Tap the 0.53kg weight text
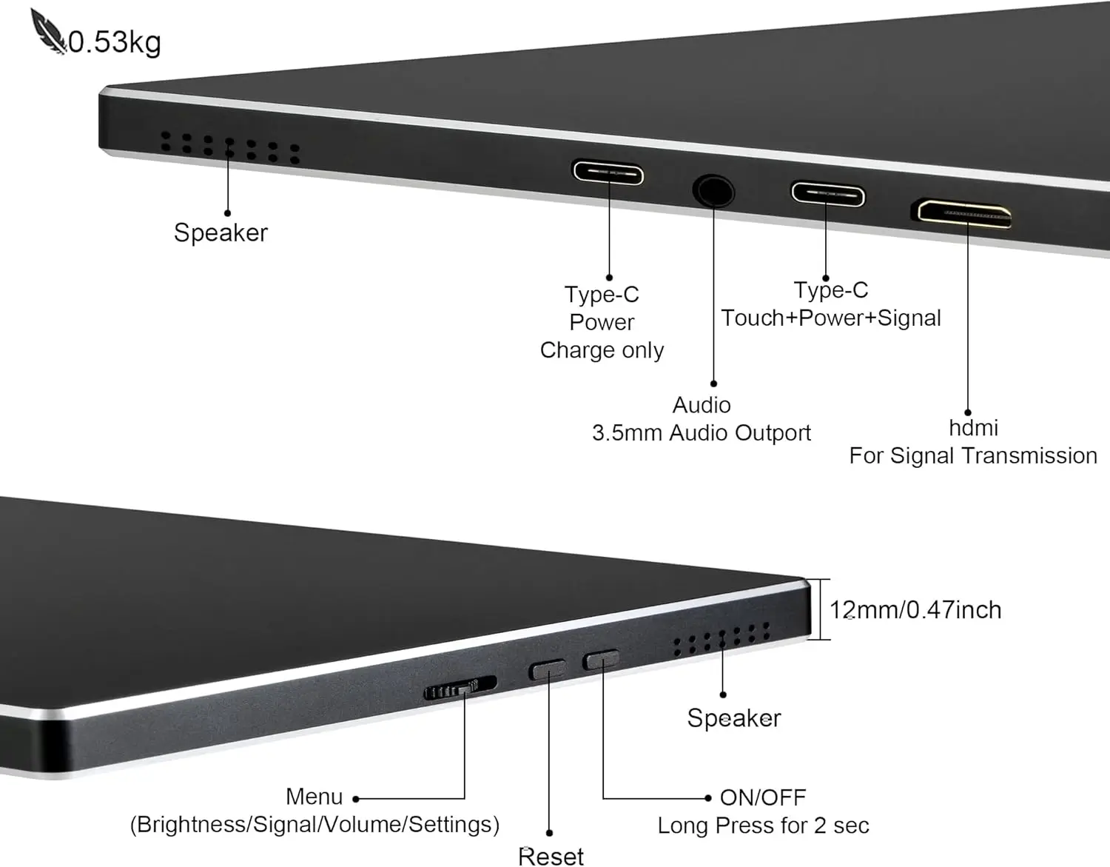115,42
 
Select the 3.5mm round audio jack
713,191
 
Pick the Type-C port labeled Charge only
608,174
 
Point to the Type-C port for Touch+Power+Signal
827,195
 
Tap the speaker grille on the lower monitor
721,640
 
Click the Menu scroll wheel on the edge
460,688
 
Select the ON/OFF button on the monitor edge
602,659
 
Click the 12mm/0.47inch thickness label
915,610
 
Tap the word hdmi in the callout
973,428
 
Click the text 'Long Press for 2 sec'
763,826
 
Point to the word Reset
551,856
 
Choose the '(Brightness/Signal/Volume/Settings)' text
314,825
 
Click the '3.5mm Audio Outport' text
702,432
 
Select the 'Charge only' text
602,350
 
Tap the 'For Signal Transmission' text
973,455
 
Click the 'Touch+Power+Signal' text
831,318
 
